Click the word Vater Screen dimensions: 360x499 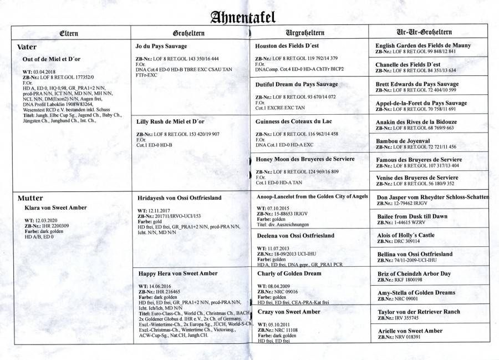[x=27, y=48]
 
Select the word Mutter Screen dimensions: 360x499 [x=31, y=198]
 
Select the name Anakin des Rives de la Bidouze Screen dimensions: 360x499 [x=424, y=122]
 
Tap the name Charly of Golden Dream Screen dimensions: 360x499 [x=289, y=273]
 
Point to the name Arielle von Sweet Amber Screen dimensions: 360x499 [x=409, y=331]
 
